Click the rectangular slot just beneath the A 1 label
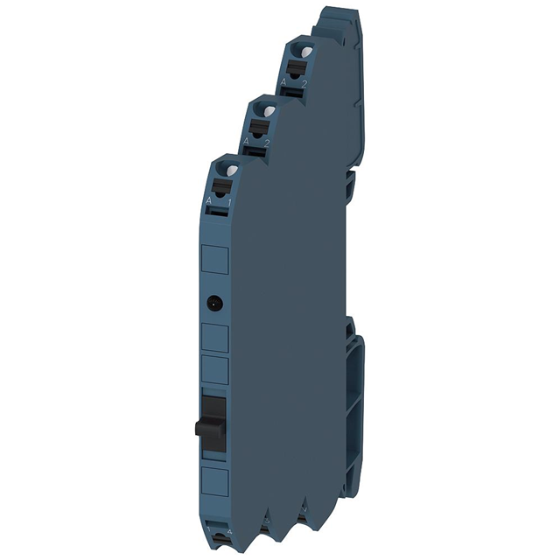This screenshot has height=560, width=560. (x=219, y=212)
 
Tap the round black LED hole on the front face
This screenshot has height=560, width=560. (x=214, y=304)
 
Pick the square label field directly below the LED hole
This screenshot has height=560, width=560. (x=216, y=335)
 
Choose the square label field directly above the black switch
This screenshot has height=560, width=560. (x=216, y=368)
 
